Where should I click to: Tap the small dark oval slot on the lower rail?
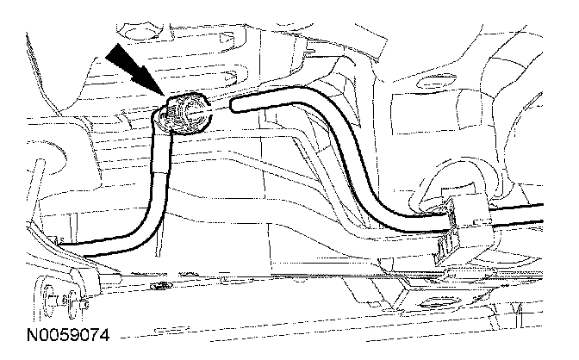[x=159, y=283]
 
